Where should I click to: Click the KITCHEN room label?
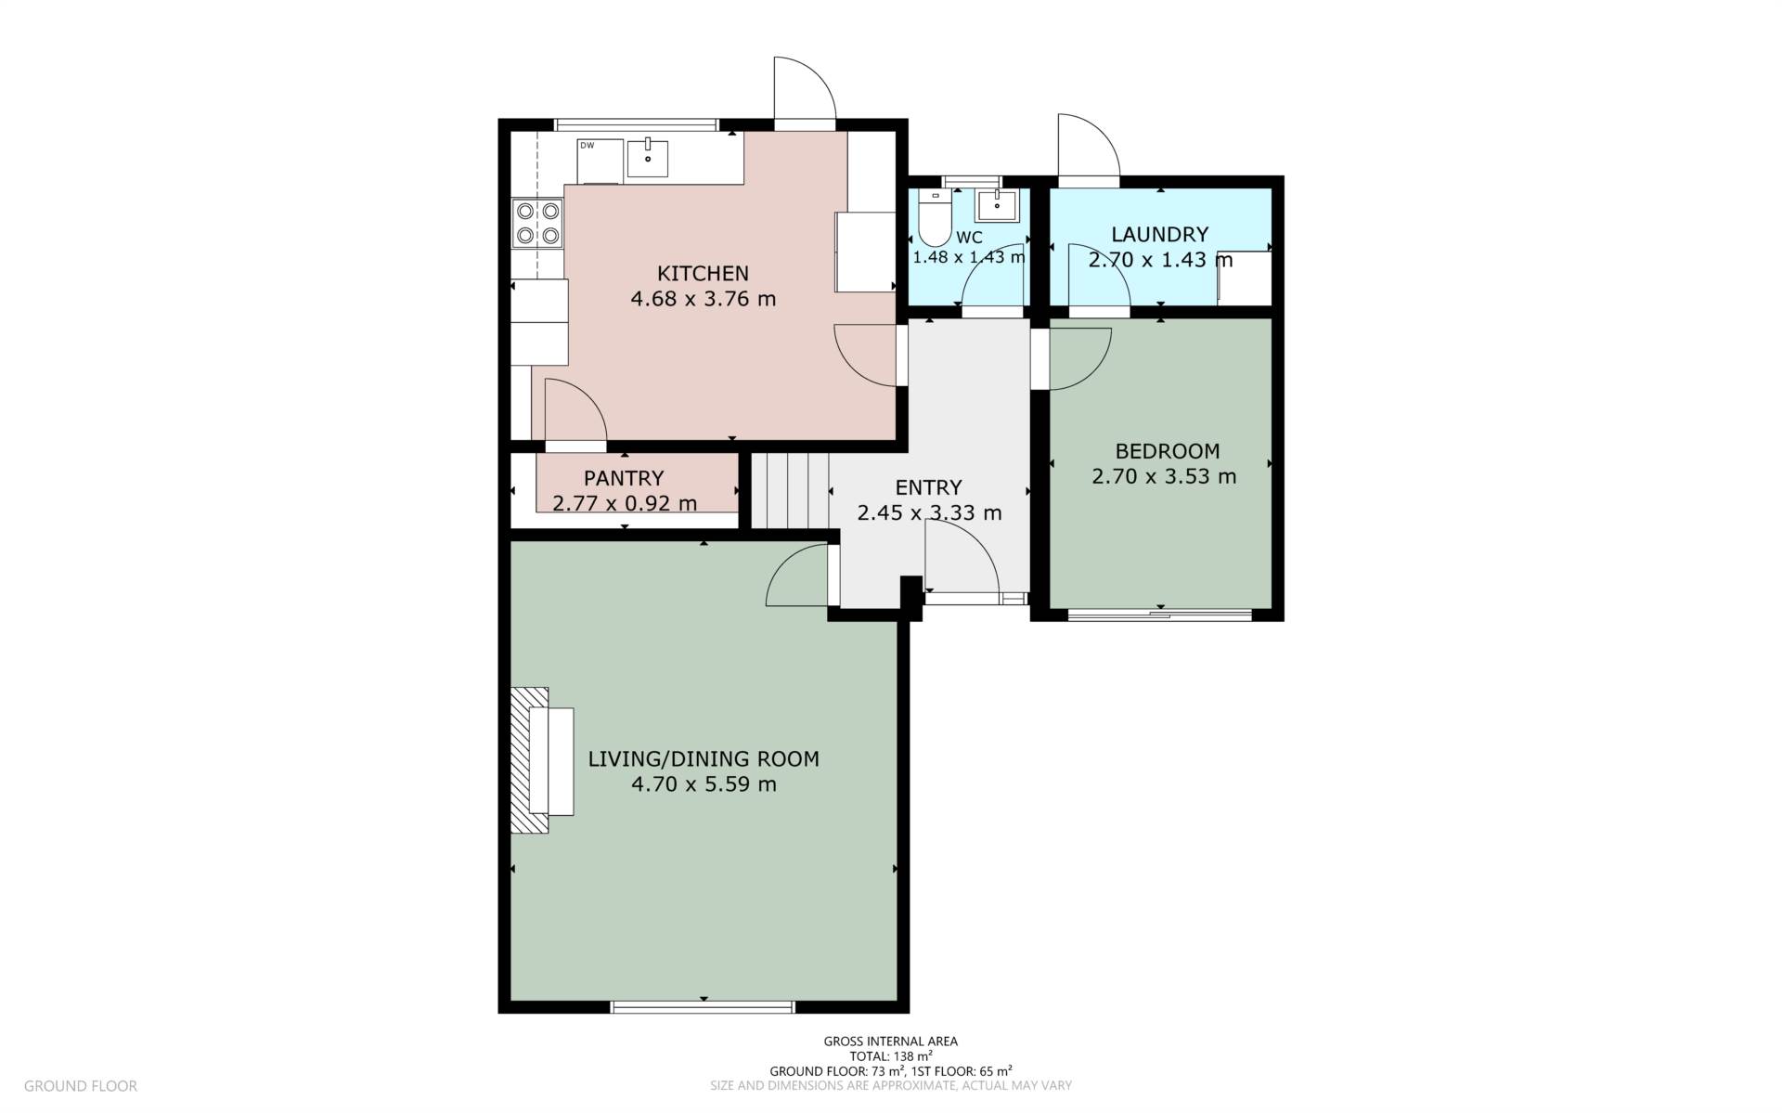(x=703, y=273)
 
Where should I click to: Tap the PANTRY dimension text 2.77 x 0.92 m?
(x=624, y=504)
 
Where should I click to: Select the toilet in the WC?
(x=935, y=223)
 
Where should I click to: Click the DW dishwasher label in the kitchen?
(x=587, y=146)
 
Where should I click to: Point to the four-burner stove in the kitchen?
(x=537, y=224)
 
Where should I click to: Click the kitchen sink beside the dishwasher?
(x=647, y=159)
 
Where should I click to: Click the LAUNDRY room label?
(x=1159, y=234)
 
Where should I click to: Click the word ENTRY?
(x=928, y=487)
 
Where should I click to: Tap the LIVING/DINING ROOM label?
(x=704, y=759)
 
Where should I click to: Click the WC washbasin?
(x=996, y=206)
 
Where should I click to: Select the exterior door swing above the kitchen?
(x=804, y=89)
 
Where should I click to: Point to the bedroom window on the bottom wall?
(x=1159, y=614)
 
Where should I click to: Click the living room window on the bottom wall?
(x=703, y=1006)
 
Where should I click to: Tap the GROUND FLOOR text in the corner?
(x=81, y=1085)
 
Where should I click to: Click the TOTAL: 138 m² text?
(x=890, y=1055)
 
